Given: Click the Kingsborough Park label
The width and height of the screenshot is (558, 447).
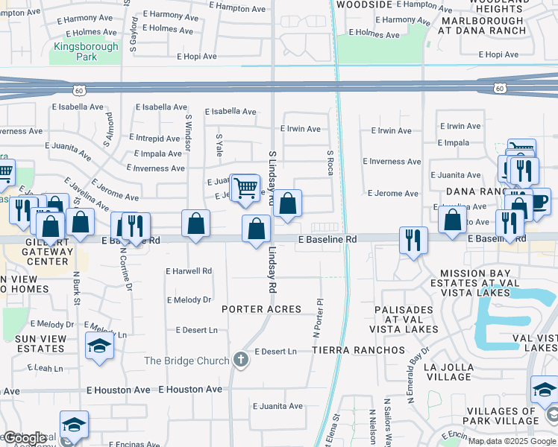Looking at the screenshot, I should coord(86,51).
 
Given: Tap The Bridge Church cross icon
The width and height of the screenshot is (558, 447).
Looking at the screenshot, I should coord(240,361).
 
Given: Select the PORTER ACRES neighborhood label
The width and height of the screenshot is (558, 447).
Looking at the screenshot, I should coord(261,308).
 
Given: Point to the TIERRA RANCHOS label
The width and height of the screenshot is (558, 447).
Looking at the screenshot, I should coord(358,349).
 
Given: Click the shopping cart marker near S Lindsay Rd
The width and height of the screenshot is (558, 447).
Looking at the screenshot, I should coord(245,188).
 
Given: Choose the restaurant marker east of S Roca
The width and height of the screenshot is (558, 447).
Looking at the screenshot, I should coord(413,240).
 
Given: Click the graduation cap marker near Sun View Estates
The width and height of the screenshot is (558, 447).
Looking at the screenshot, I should coord(99,346).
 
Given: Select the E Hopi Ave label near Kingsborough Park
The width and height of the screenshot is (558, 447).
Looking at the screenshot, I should coord(197,57).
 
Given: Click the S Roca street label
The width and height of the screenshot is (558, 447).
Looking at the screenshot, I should coord(330,162).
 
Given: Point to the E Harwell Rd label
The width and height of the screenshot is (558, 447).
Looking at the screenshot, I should coord(189,271).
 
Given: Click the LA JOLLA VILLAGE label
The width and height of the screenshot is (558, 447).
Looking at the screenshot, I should coord(448,372).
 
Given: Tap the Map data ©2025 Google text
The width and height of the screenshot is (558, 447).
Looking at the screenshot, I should coord(511,441).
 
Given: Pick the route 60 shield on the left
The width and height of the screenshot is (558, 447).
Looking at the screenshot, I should coord(79,90).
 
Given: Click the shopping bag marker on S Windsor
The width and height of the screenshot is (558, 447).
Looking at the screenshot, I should coord(195,223).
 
